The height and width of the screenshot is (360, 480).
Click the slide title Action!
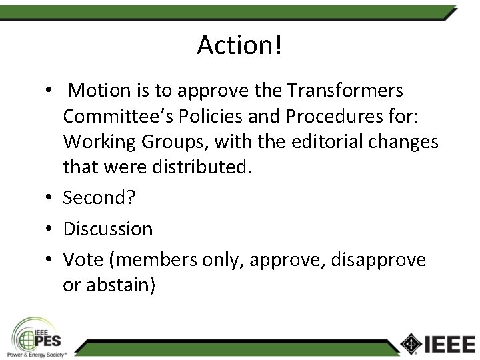coord(240,45)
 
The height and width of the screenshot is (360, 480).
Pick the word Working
coord(100,142)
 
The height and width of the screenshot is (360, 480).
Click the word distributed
coord(201,167)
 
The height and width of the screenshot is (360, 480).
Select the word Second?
coord(99,198)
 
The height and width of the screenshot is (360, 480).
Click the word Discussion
coord(108,229)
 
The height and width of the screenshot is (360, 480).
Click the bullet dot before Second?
coord(50,199)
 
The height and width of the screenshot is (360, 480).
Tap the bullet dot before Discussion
coord(50,229)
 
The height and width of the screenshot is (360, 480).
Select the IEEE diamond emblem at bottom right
coord(411,343)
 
